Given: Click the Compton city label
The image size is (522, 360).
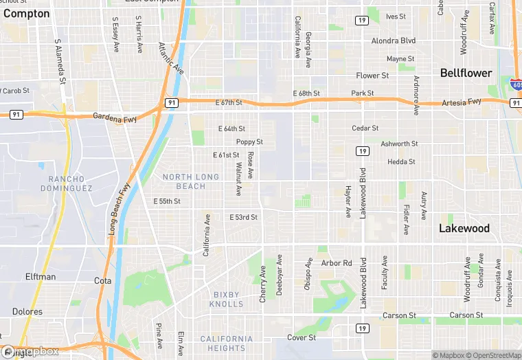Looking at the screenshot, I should coord(27,14).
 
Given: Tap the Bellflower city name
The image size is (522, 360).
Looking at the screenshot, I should coord(466,73).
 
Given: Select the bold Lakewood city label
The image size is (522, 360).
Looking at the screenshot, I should coord(464,228).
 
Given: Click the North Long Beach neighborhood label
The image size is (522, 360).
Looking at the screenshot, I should coord(191,181).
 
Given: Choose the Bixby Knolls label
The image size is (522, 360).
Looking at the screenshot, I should coord(226,299).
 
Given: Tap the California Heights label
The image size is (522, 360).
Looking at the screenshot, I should coord(226,344).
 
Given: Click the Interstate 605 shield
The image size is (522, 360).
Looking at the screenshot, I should coord(517,85).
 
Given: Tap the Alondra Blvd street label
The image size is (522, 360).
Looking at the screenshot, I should coord(394,41).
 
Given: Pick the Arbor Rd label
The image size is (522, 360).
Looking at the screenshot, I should coord(337,263).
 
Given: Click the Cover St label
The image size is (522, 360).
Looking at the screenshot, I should coord(302,337).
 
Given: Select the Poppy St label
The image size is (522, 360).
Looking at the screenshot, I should coord(249,142).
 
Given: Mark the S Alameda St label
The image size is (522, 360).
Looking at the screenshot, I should coord(60,62).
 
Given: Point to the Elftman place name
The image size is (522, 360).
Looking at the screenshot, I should coord(41,277).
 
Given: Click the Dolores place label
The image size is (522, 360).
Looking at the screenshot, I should coord(27,312).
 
